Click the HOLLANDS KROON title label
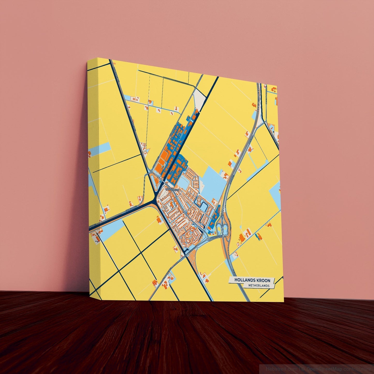click(x=252, y=280)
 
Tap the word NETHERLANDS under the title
click(x=258, y=286)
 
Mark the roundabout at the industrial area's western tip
click(x=151, y=172)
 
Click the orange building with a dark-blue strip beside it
click(x=258, y=236)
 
